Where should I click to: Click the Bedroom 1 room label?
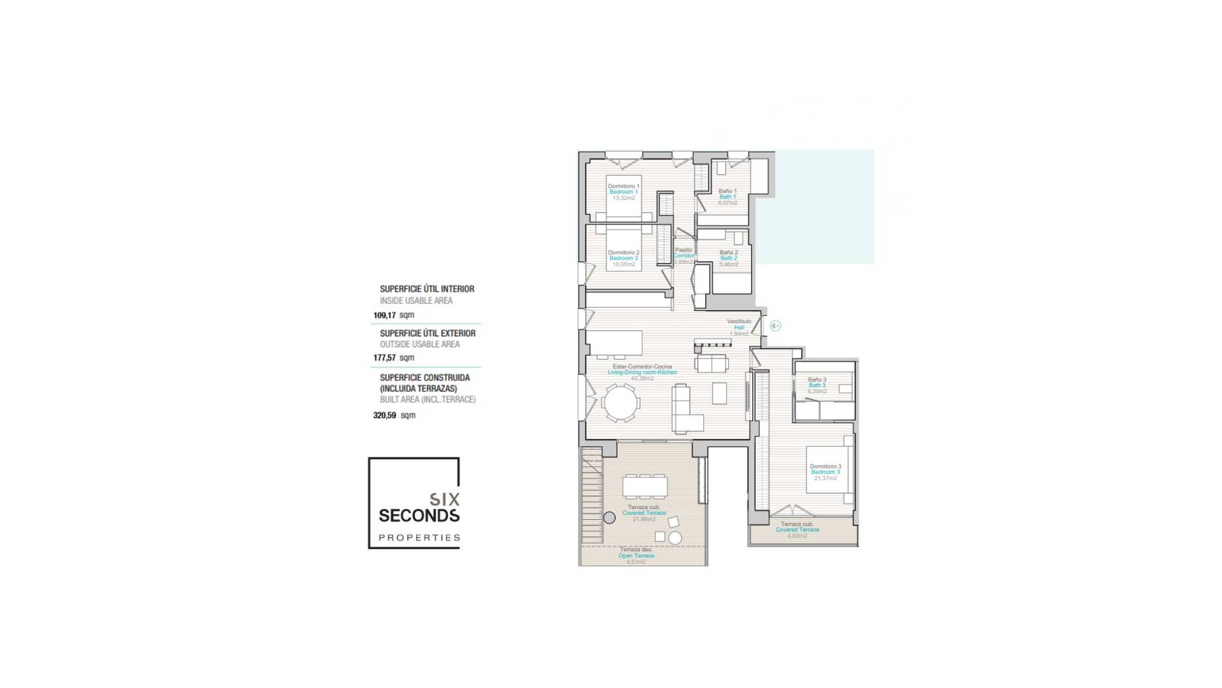pos(623,192)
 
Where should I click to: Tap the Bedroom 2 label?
pos(623,258)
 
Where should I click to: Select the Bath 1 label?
pos(727,197)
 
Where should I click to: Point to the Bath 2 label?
pos(729,258)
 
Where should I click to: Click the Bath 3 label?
pos(817,385)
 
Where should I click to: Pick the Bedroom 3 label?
pos(825,472)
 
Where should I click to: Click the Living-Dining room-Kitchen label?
pos(642,372)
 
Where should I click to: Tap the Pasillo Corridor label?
pos(684,255)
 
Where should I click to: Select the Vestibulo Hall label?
pos(739,327)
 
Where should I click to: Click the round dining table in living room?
pos(620,403)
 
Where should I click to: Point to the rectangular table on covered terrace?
pos(645,487)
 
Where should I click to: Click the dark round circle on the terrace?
pos(609,518)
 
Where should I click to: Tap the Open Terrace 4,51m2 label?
pos(636,555)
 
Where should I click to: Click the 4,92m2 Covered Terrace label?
pos(797,530)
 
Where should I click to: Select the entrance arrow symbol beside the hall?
pos(775,326)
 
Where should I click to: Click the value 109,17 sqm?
pos(393,315)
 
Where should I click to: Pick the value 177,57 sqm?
pos(393,358)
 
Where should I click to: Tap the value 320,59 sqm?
pos(393,415)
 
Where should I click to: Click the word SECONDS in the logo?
pos(419,515)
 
